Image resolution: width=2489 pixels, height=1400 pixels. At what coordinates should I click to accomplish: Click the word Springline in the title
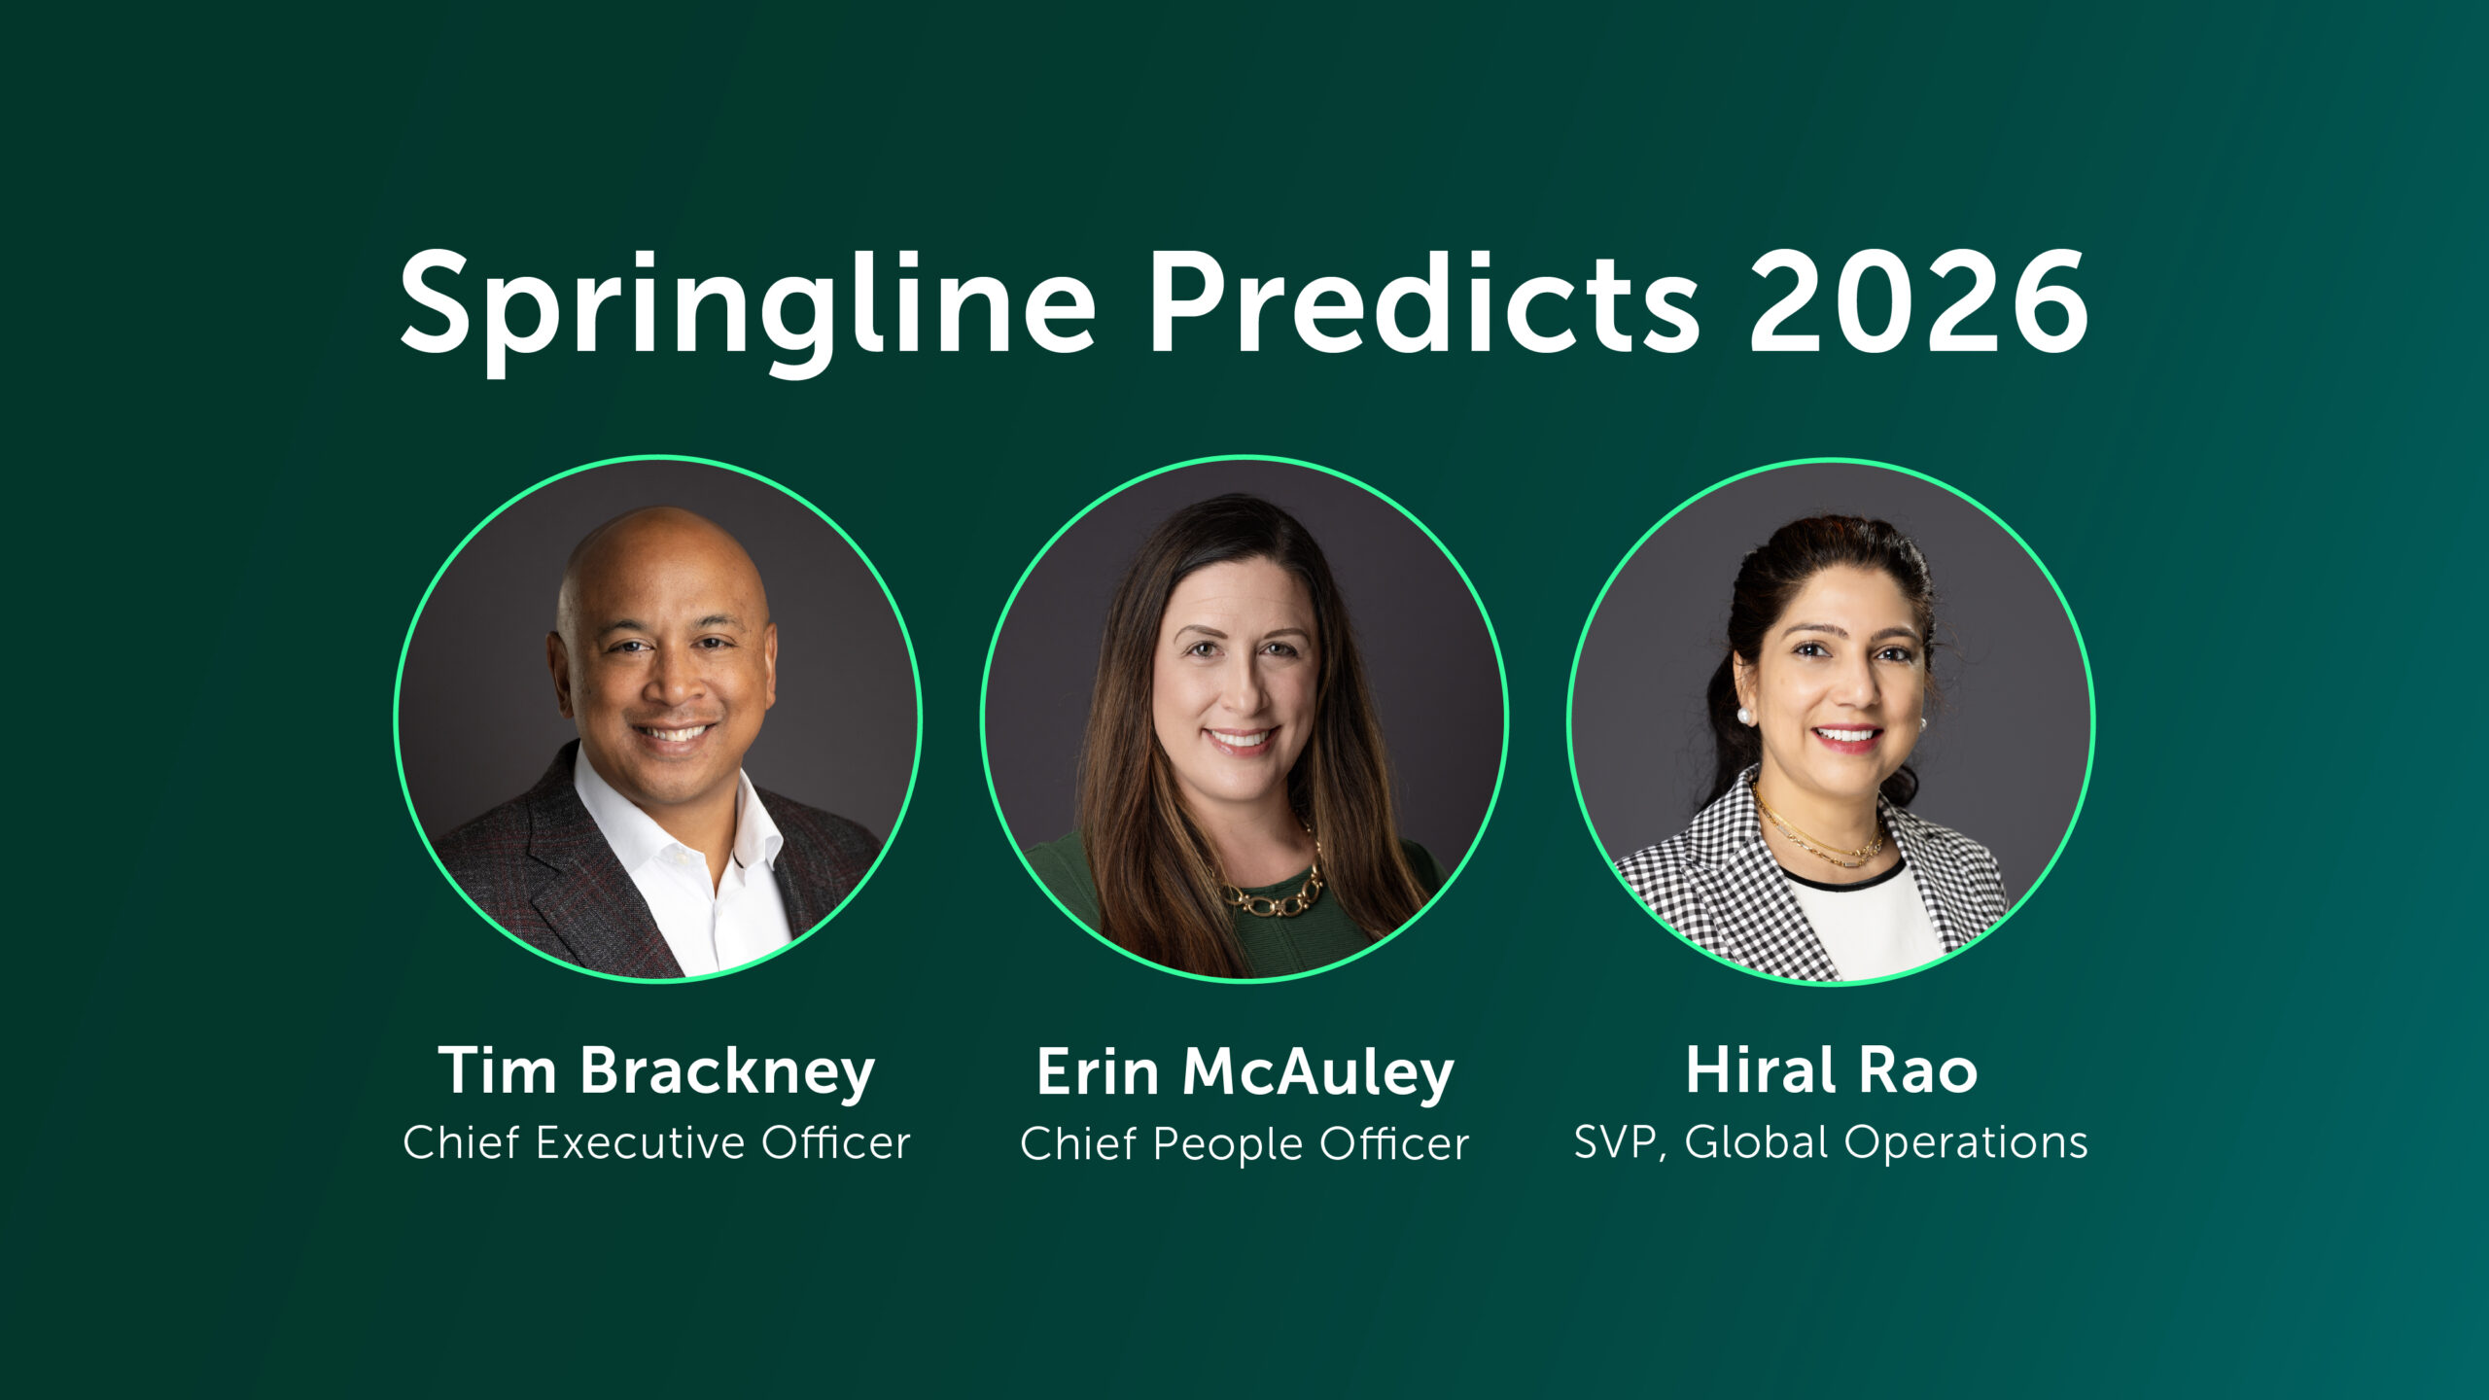[x=748, y=309]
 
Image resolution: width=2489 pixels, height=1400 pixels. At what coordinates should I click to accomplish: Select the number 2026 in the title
[x=1918, y=300]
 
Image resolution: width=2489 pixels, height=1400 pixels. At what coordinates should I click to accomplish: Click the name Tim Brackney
[x=656, y=1072]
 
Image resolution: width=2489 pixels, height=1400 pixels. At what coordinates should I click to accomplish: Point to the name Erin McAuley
[x=1244, y=1074]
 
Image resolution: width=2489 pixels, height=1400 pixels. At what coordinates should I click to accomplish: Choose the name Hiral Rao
[x=1831, y=1070]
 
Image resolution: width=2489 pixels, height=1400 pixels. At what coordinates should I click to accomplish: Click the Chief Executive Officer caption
[x=656, y=1142]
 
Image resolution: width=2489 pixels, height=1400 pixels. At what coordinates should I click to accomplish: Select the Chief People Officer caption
[x=1244, y=1144]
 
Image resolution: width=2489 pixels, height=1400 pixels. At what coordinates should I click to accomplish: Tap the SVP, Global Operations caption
[x=1831, y=1142]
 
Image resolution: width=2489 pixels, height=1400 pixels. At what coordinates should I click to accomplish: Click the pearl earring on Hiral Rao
[x=1743, y=717]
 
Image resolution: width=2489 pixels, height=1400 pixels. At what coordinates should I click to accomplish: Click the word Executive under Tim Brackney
[x=641, y=1142]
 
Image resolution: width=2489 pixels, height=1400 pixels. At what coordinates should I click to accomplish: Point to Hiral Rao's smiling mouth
[x=1846, y=737]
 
